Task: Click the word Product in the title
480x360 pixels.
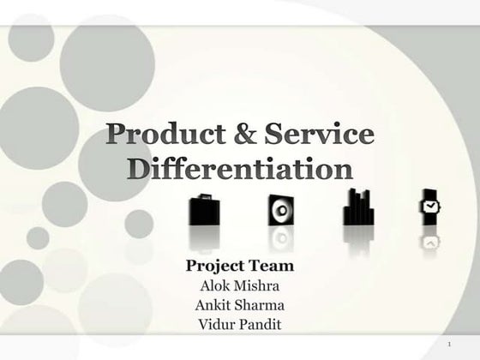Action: point(156,135)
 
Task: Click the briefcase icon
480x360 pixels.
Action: point(202,210)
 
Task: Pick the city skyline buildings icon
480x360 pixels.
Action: point(357,208)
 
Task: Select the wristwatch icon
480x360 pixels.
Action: point(429,206)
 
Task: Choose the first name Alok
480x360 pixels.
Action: point(215,285)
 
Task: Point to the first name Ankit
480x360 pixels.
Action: point(213,304)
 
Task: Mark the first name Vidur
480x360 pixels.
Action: point(214,323)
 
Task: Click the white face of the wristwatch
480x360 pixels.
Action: point(429,206)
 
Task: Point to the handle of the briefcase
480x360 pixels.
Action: point(202,197)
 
